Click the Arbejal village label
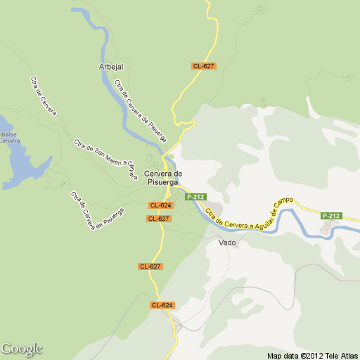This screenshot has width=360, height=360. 112,66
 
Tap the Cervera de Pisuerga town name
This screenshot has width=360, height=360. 163,177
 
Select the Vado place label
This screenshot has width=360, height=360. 227,243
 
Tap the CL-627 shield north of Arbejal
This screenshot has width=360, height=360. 203,66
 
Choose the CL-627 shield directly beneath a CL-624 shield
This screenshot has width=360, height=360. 159,219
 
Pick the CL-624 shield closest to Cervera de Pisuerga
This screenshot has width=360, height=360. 161,205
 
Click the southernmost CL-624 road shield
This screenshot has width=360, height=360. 162,305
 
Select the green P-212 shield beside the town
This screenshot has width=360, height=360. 195,197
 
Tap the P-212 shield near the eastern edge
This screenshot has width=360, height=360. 331,215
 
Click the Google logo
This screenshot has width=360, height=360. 22,349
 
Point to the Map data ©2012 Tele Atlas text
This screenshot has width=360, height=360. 313,354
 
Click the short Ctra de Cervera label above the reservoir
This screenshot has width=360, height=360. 44,95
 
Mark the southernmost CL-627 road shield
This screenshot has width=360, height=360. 150,266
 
